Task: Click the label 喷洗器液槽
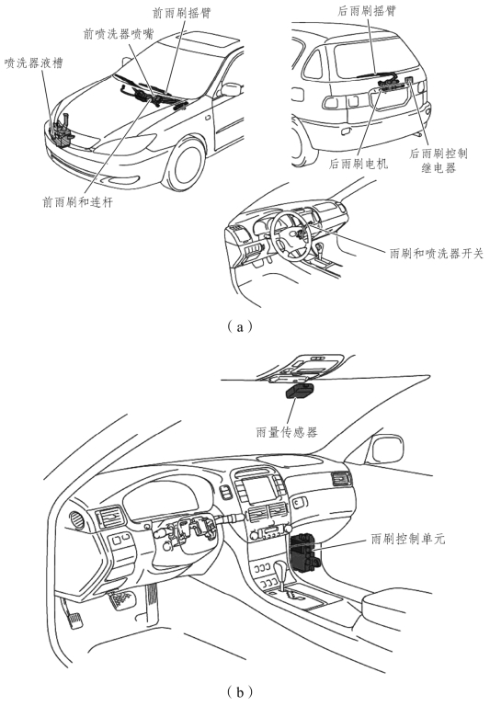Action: point(33,63)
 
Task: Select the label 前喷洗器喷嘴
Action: point(119,34)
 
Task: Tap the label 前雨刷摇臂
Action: point(182,13)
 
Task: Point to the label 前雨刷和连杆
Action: point(77,202)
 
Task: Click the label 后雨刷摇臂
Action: point(367,11)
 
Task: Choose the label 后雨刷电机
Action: point(359,164)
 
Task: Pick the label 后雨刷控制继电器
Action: point(439,161)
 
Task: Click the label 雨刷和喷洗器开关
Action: point(437,254)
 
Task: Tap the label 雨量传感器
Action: point(287,432)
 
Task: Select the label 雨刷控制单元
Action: point(408,539)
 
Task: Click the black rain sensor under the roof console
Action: point(302,391)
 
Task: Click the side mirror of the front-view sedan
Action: point(231,88)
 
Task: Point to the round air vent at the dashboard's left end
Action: point(77,520)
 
